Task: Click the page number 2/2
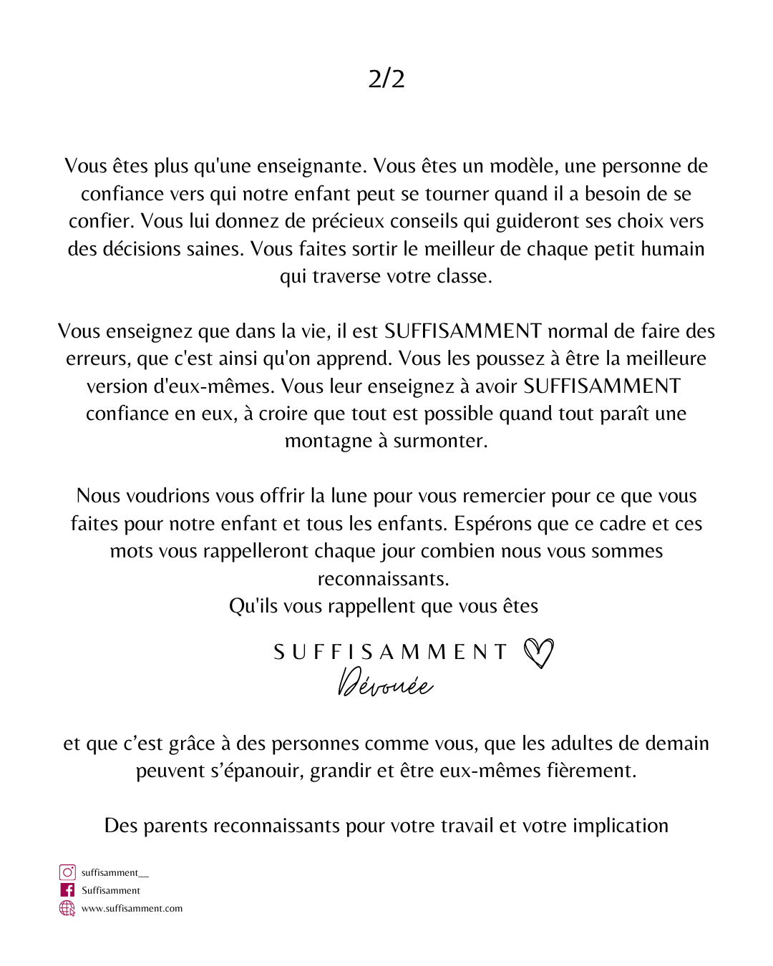(386, 78)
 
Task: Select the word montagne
(329, 441)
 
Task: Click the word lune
(346, 496)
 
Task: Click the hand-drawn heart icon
(538, 653)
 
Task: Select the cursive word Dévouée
(385, 683)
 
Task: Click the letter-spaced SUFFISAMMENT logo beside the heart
(390, 652)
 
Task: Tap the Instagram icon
(67, 872)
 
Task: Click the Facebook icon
(67, 890)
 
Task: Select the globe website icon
(67, 908)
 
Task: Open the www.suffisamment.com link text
(132, 909)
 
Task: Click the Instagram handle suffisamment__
(115, 873)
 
